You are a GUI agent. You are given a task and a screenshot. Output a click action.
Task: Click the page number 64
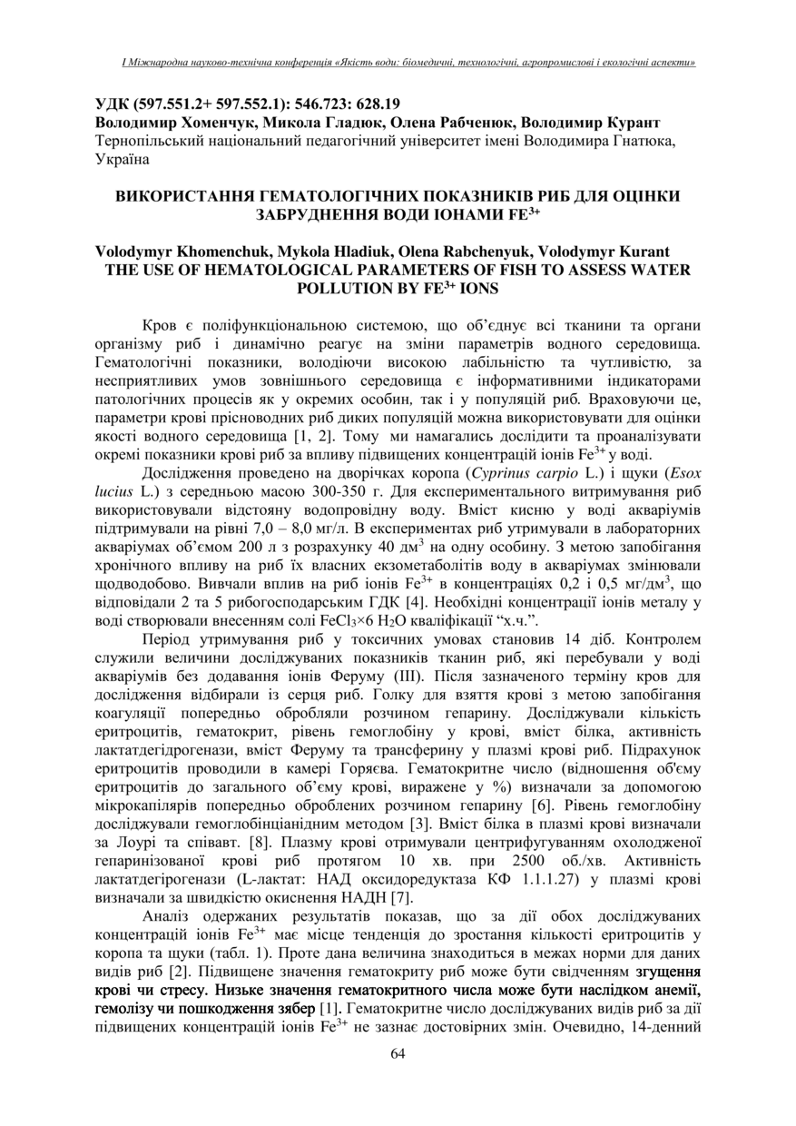click(398, 1052)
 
